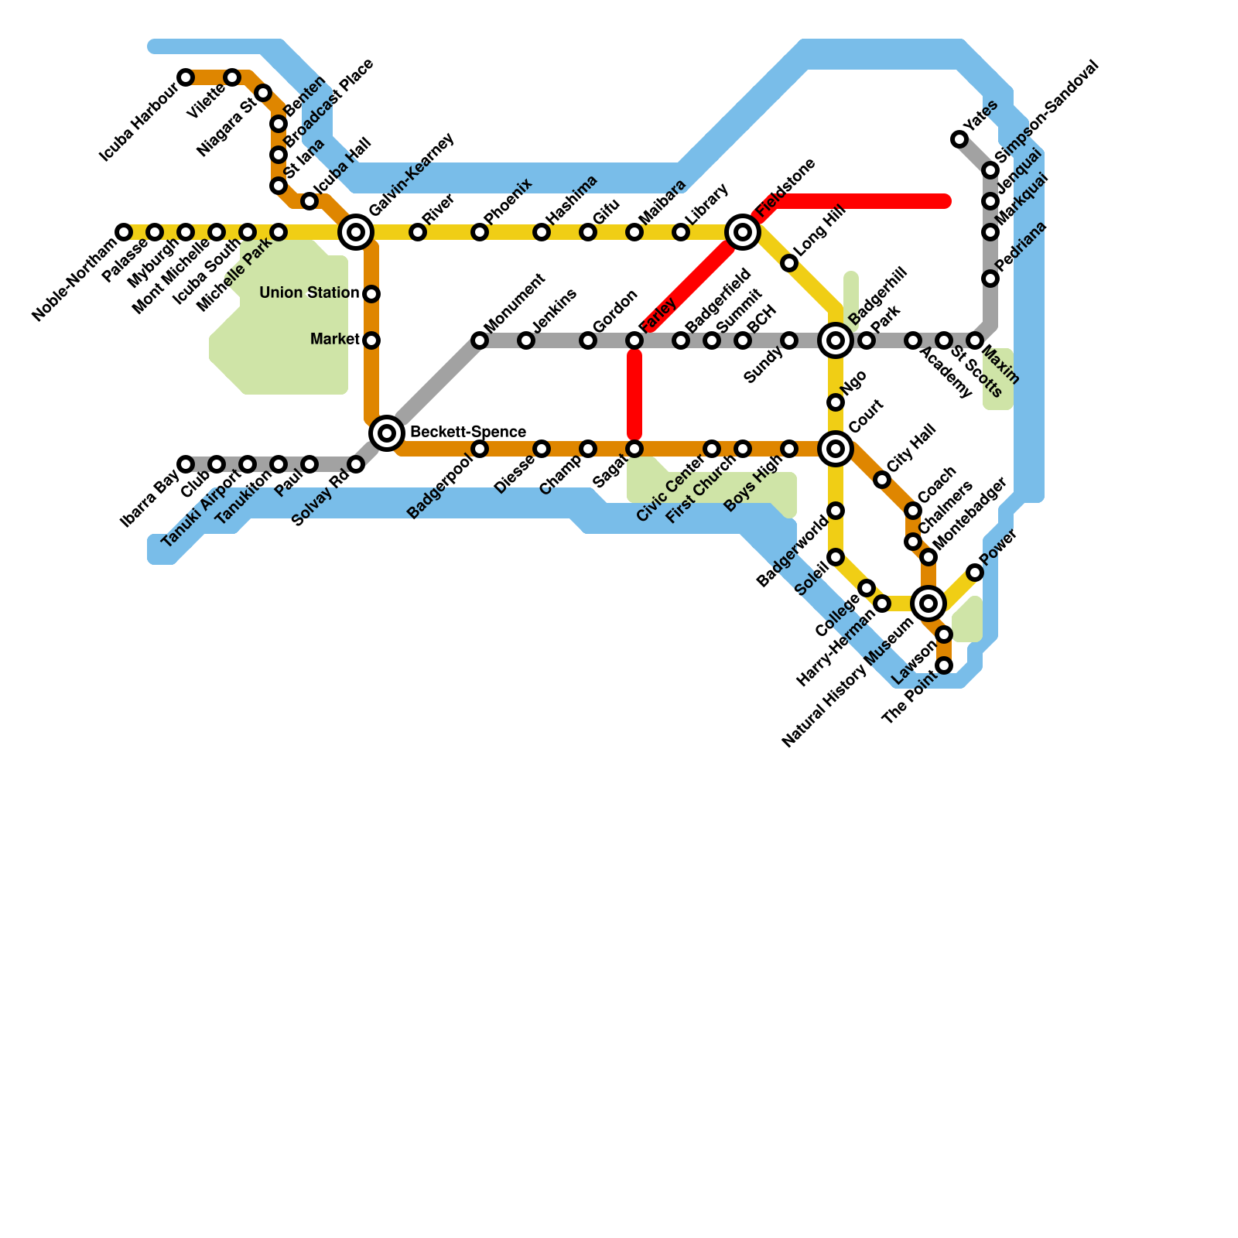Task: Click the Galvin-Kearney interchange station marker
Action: tap(356, 231)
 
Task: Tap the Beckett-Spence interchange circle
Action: tap(387, 433)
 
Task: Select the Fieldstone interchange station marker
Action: tap(743, 231)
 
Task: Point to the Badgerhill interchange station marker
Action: tap(836, 340)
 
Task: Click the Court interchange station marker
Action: tap(836, 449)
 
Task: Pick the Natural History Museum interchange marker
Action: tap(929, 603)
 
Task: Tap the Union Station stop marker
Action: tap(371, 294)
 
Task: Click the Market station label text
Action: tap(334, 340)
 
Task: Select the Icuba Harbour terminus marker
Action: tap(186, 77)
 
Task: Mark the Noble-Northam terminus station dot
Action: tap(124, 232)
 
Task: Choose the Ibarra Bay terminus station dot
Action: tap(186, 464)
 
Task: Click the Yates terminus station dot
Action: tap(959, 139)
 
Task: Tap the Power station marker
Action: tap(975, 573)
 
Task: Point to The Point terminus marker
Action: tap(944, 665)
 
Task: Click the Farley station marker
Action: tap(634, 340)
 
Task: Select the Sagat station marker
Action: tap(634, 449)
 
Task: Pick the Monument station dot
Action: tap(480, 340)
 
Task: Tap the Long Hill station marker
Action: tap(789, 263)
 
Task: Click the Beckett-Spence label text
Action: tap(467, 432)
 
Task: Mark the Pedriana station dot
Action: tap(990, 279)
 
